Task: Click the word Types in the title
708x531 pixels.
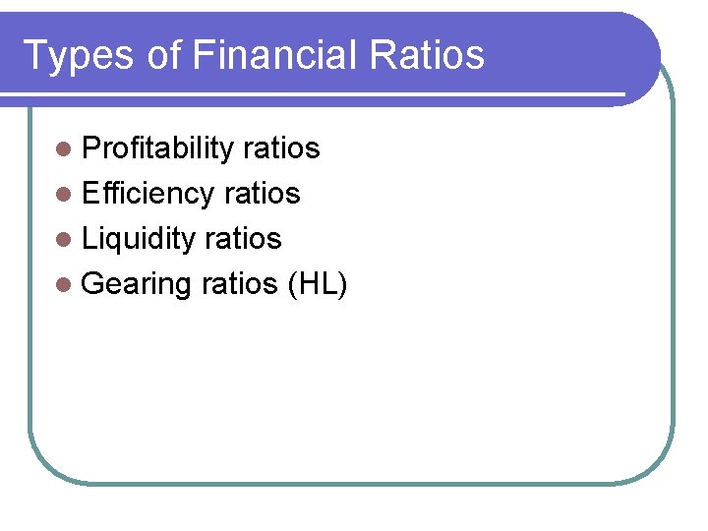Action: (79, 55)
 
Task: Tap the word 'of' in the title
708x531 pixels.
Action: (164, 55)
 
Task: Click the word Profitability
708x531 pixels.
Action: (157, 148)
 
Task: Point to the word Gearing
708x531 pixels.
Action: (137, 285)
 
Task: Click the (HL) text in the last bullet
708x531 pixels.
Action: (315, 284)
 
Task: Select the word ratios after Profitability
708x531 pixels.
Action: (281, 148)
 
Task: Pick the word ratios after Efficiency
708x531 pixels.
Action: (263, 194)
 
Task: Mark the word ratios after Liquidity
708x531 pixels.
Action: (244, 239)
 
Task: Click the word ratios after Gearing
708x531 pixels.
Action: (240, 284)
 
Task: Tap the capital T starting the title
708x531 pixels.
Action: (34, 55)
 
